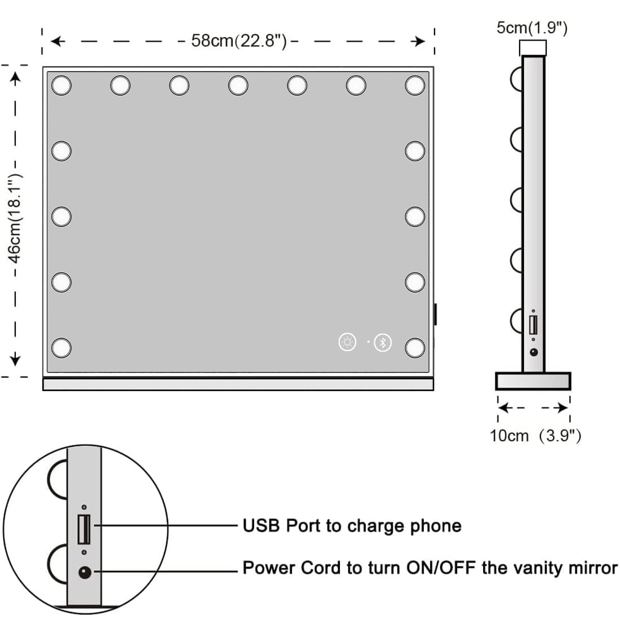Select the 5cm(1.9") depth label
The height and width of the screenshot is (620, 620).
pyautogui.click(x=532, y=28)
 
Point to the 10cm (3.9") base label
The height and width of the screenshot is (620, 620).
pyautogui.click(x=535, y=436)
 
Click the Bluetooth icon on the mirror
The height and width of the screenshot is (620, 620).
pyautogui.click(x=383, y=342)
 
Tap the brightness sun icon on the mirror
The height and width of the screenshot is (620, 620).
pyautogui.click(x=348, y=342)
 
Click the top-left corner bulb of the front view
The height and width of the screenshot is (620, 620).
pyautogui.click(x=61, y=85)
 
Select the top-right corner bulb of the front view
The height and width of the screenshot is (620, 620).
pyautogui.click(x=415, y=85)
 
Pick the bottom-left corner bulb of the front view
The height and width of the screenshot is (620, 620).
pyautogui.click(x=61, y=347)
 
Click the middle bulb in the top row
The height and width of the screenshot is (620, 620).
pyautogui.click(x=238, y=85)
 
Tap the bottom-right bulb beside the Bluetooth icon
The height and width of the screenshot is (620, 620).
pyautogui.click(x=415, y=347)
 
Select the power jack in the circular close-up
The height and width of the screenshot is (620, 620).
pyautogui.click(x=85, y=573)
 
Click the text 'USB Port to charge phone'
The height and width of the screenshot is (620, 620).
pyautogui.click(x=352, y=526)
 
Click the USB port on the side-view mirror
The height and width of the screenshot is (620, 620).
pyautogui.click(x=533, y=325)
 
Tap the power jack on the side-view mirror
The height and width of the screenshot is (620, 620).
pyautogui.click(x=533, y=352)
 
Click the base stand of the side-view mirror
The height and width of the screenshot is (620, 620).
pyautogui.click(x=533, y=381)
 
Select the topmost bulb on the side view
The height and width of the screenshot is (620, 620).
pyautogui.click(x=517, y=78)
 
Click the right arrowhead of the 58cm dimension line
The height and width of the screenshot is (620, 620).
pyautogui.click(x=419, y=41)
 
